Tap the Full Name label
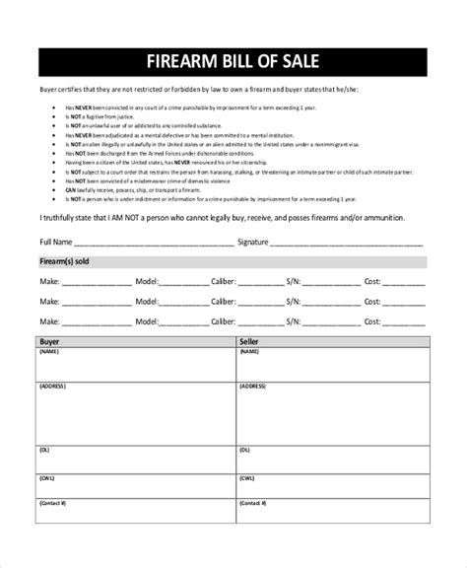(x=56, y=241)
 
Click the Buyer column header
(x=49, y=340)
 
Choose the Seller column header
(x=249, y=340)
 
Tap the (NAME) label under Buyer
(x=50, y=350)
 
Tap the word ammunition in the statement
(x=404, y=217)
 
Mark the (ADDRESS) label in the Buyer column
(x=53, y=386)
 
